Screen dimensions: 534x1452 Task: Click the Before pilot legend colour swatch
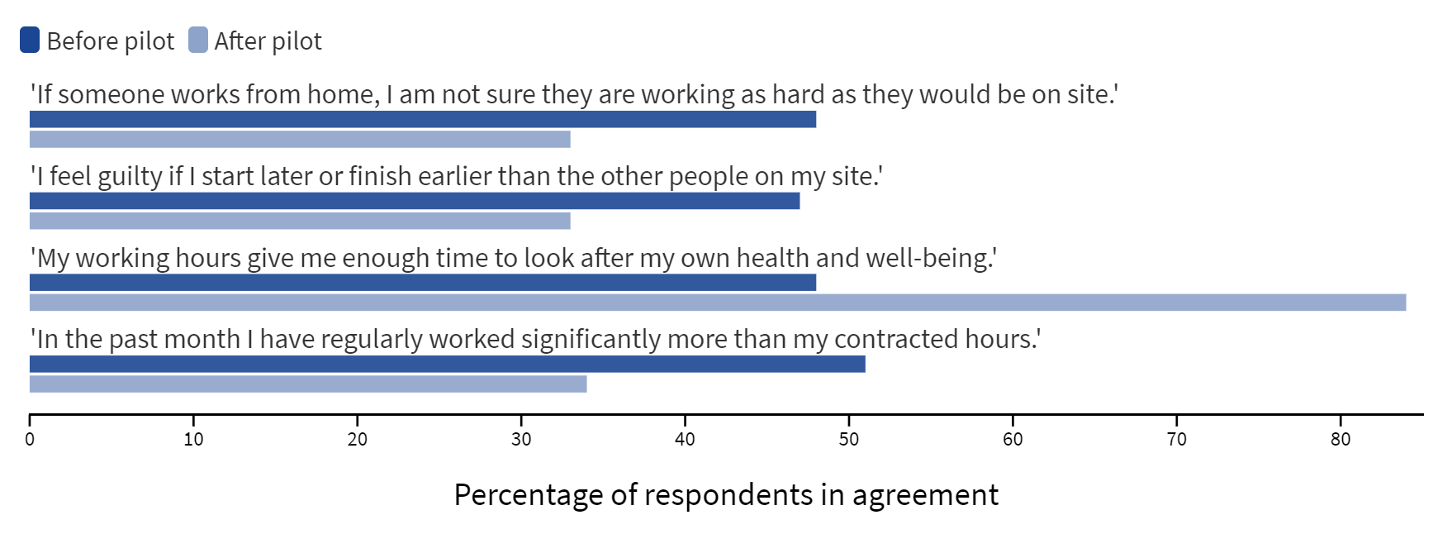(30, 40)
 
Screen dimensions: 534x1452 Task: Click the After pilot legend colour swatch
(198, 40)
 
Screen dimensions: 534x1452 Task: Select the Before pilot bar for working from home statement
(423, 119)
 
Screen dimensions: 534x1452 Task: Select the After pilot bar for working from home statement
(300, 139)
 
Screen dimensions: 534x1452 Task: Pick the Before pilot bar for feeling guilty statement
(415, 201)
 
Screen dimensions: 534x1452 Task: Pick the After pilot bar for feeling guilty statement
(300, 221)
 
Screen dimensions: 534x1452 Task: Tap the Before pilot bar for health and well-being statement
(423, 283)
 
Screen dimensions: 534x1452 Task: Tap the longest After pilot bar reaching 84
(718, 303)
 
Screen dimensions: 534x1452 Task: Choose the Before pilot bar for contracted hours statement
(448, 364)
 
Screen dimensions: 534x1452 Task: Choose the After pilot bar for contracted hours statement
(308, 384)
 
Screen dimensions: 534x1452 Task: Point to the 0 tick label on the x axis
(30, 440)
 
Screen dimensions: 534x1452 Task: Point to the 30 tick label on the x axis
(521, 440)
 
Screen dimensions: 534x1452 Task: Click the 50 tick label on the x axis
(849, 440)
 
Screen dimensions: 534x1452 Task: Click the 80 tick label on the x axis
(1340, 440)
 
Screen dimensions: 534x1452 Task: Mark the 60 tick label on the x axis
(1013, 440)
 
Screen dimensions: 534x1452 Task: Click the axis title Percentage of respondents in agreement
(726, 494)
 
